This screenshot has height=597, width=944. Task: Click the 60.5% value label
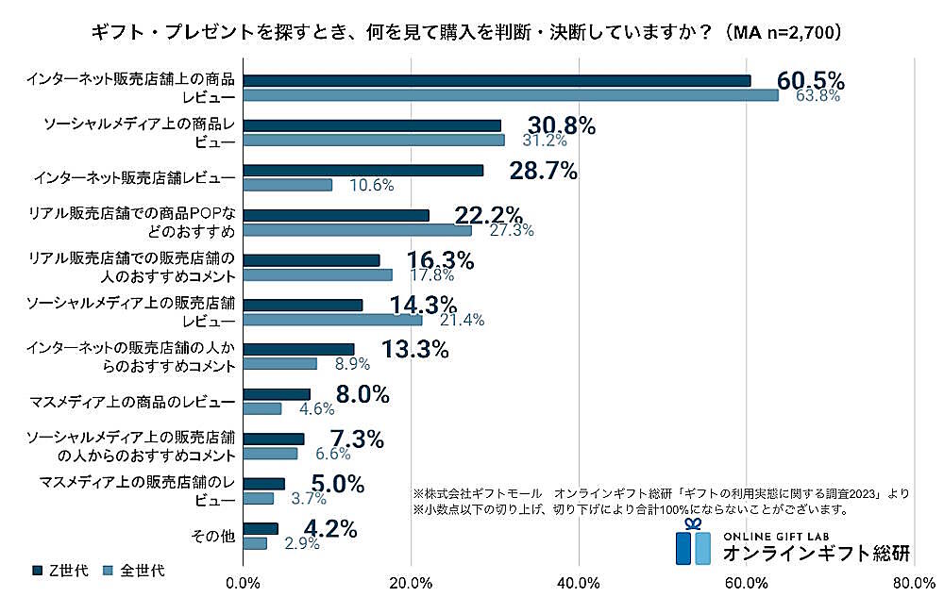click(x=810, y=80)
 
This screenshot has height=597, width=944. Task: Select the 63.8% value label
click(x=817, y=96)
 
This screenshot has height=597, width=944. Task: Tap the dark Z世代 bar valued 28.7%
click(x=363, y=171)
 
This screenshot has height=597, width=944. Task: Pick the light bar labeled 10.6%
click(x=288, y=185)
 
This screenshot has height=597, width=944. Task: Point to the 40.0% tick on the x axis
click(x=579, y=582)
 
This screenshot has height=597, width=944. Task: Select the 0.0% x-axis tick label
click(x=244, y=582)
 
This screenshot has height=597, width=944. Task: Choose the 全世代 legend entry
click(x=131, y=570)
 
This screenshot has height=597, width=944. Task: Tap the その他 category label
click(x=213, y=536)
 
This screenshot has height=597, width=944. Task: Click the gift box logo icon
click(x=694, y=542)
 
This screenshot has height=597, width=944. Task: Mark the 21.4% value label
click(x=462, y=320)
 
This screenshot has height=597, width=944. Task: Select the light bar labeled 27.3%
click(x=358, y=230)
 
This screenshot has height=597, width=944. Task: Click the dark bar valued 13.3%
click(x=299, y=349)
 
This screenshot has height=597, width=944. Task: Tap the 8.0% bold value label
click(x=362, y=395)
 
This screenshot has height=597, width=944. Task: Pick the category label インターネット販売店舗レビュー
click(x=133, y=177)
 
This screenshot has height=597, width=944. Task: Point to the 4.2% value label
click(x=330, y=529)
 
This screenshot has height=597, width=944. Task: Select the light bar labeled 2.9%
click(x=255, y=544)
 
